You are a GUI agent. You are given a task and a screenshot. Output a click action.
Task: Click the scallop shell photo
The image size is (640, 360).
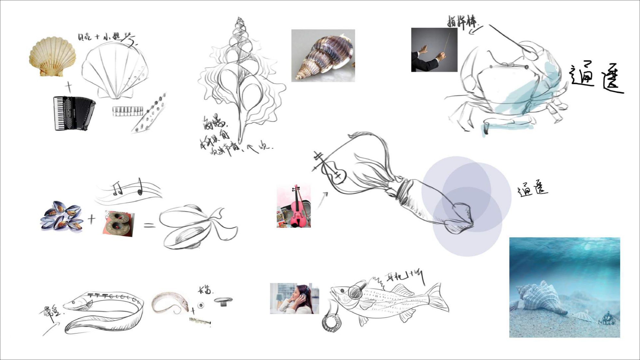tap(53, 57)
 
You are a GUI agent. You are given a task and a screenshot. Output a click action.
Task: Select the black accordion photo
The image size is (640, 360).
tap(74, 113)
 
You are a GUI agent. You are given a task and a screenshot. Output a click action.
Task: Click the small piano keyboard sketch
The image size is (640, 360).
tap(128, 111)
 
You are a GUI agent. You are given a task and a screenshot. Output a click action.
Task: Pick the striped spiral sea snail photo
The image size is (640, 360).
tap(323, 56)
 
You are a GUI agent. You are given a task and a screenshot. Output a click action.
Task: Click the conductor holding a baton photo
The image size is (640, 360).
tap(434, 50)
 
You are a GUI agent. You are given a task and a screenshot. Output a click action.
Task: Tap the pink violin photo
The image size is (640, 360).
tap(294, 206)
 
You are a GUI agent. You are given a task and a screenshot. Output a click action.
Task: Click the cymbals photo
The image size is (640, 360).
tap(119, 223)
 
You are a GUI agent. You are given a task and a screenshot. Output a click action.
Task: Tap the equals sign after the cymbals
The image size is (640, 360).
tap(149, 225)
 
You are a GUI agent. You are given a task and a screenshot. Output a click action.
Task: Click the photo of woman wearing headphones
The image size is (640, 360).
tap(294, 298)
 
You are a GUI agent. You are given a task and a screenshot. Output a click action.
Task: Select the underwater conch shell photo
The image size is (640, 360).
tap(564, 287)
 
